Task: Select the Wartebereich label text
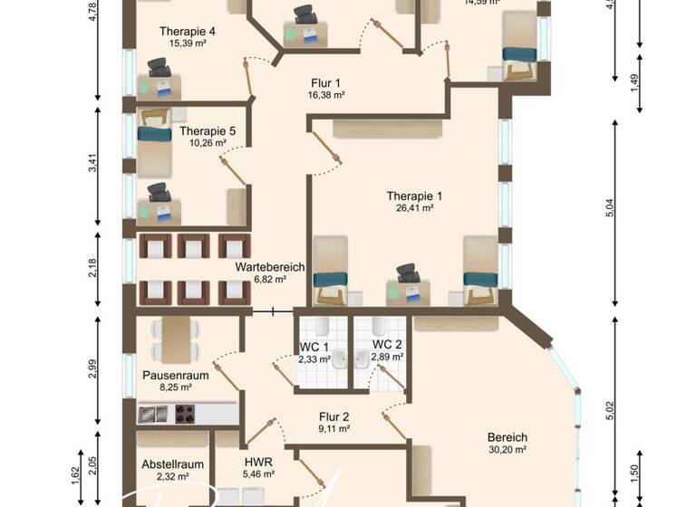tap(269, 268)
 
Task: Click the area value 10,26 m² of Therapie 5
tap(207, 143)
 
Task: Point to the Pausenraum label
tap(176, 375)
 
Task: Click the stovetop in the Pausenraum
tap(184, 414)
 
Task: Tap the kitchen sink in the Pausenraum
tap(154, 414)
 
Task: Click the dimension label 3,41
tap(93, 165)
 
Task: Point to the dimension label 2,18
tap(93, 269)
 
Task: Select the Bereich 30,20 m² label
tap(507, 444)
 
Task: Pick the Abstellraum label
tap(172, 464)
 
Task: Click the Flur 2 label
tap(333, 417)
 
